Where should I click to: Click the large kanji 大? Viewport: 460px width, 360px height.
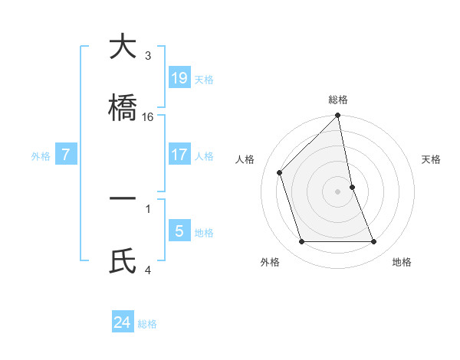[x=123, y=47]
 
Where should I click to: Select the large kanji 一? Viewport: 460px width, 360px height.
[x=123, y=199]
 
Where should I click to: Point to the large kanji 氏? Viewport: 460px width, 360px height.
[x=123, y=260]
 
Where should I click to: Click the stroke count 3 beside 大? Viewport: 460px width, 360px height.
[x=148, y=56]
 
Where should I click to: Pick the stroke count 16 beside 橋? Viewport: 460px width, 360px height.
[x=148, y=117]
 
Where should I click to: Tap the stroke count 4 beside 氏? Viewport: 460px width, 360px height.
[x=148, y=269]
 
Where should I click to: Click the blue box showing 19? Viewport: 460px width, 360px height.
[x=179, y=77]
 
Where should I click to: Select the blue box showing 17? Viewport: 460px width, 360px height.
[x=179, y=155]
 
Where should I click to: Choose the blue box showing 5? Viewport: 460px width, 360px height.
[x=179, y=230]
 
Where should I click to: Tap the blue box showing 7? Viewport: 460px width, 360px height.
[x=66, y=155]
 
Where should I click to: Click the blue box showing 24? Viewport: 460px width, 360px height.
[x=123, y=322]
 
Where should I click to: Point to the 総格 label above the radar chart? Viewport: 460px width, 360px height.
[x=338, y=100]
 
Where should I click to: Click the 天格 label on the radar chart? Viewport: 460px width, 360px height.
[x=432, y=159]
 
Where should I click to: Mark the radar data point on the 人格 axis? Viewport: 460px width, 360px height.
[x=280, y=172]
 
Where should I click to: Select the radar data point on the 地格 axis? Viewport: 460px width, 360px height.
[x=374, y=242]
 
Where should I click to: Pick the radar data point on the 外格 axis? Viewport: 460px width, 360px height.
[x=302, y=242]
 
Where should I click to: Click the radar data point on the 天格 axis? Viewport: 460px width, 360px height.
[x=352, y=186]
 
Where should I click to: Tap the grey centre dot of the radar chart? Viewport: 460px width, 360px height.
[x=338, y=191]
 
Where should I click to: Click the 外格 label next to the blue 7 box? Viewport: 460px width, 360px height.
[x=41, y=156]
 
